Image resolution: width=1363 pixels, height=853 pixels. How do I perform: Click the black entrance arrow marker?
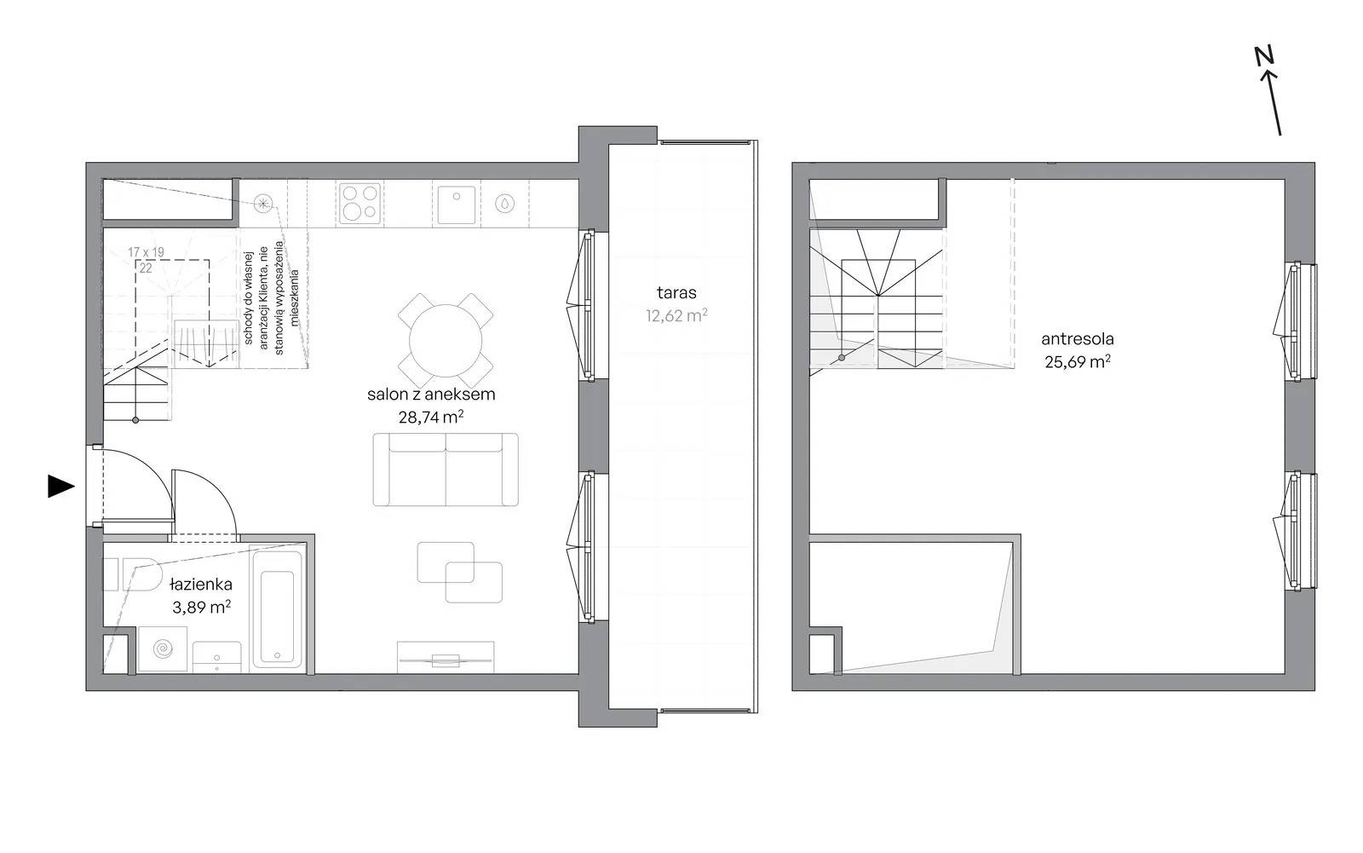coord(60,486)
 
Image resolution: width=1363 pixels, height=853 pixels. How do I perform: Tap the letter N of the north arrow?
coord(1264,56)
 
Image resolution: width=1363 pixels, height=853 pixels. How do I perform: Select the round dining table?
coord(446,340)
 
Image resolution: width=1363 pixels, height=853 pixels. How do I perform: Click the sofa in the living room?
coord(446,470)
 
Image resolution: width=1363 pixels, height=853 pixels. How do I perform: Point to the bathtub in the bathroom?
coord(277,608)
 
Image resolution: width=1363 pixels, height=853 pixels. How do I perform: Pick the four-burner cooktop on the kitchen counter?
coord(360,203)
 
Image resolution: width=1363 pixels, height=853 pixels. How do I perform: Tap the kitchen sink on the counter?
coord(457,204)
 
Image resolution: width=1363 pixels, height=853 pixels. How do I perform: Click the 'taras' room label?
coord(676,293)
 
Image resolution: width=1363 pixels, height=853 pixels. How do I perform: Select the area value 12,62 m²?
coord(676,315)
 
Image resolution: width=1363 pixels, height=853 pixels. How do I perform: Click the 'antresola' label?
coord(1077,339)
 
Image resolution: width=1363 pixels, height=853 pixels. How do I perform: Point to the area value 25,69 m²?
coord(1077,361)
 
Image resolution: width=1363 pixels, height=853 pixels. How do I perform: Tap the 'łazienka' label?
coord(201,585)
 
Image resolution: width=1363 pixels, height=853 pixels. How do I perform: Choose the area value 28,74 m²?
coord(431,417)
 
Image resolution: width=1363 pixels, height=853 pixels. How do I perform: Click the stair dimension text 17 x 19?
coord(146,251)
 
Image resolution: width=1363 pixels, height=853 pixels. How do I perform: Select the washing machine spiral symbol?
coord(163,649)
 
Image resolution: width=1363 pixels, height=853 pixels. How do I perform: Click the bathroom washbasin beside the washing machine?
coord(217,658)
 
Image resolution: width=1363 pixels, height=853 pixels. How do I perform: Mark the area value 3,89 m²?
coord(201,607)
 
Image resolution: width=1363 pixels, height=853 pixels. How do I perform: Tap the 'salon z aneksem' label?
coord(431,395)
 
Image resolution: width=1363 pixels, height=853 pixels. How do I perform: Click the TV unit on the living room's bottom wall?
coord(446,658)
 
